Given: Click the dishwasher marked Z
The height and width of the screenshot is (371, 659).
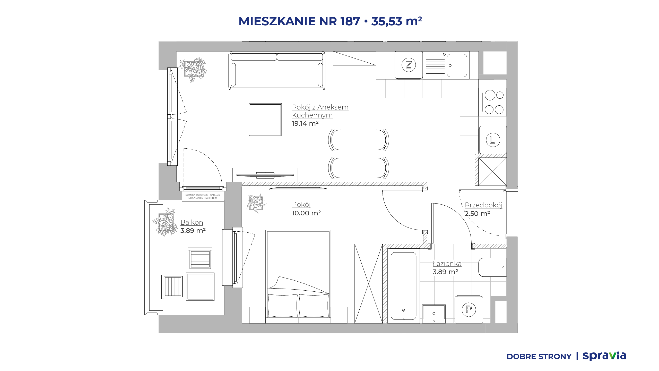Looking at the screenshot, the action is coord(409,65).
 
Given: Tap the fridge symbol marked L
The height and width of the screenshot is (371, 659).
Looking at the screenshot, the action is coord(493,140).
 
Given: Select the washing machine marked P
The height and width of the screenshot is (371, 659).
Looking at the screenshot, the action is coord(469,309).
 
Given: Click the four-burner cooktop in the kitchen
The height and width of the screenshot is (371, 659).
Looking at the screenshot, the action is coord(493,102).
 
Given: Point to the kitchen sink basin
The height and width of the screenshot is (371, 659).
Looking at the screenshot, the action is coord(457,65).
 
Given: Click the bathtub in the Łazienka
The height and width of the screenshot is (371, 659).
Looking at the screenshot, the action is coord(403,286).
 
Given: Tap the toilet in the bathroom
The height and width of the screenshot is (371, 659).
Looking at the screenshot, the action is coord(492,267).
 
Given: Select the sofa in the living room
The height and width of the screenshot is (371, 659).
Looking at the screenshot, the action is coord(277,70).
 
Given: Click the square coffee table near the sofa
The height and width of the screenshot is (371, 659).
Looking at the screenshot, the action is coord(265,120).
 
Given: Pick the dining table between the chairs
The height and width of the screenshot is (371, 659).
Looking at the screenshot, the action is coord(359,154).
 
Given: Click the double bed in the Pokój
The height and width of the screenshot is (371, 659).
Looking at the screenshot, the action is coord(298,276).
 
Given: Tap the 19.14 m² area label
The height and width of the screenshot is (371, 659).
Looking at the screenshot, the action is coord(305,123).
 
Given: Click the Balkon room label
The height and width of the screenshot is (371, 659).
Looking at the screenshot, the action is coord(192,222).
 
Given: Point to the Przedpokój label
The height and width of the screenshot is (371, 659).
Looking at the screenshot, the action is coord(483,205).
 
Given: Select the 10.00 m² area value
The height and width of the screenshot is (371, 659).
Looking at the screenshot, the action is coord(306,213).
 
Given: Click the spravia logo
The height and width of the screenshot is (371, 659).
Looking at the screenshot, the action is coord(604,356).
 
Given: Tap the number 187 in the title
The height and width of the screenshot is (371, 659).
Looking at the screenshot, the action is coord(350,21).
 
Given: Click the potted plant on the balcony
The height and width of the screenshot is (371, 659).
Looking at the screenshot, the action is coord(165,222).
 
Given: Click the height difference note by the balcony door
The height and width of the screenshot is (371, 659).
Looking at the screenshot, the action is coord(203,197).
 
